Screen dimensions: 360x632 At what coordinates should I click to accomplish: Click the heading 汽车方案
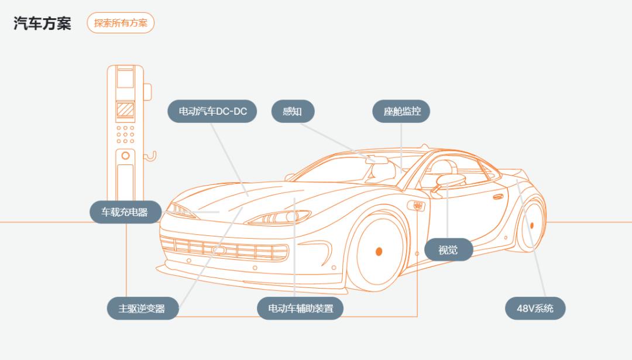[42, 23]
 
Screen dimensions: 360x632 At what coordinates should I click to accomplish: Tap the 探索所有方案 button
[121, 23]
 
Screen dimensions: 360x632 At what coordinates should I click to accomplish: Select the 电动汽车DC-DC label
[212, 111]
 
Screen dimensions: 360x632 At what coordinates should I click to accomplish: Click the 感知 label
[293, 111]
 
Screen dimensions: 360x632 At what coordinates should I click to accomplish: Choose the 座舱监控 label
[401, 111]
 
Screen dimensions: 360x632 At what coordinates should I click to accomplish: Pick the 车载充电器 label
[125, 212]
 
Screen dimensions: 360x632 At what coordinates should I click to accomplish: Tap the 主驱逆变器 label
[142, 308]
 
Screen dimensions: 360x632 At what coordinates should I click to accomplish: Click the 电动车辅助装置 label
[300, 308]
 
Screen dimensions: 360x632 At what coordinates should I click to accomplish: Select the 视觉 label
[448, 250]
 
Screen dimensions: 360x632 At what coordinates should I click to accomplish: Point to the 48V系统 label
[535, 308]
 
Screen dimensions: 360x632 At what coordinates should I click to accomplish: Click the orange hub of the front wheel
[379, 252]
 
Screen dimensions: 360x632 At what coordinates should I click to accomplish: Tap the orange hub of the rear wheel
[532, 225]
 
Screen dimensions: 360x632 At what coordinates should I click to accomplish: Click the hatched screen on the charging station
[125, 109]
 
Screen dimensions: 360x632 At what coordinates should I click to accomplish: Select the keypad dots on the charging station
[125, 134]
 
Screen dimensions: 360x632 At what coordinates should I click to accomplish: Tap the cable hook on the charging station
[151, 156]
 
